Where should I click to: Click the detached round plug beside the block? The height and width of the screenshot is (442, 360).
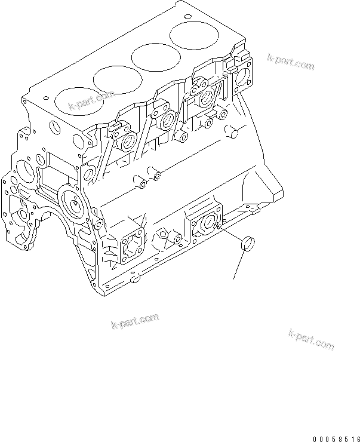point(245,244)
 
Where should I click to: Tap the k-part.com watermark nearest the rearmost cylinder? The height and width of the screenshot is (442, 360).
point(291,61)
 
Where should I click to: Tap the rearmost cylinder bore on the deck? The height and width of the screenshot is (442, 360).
point(192,36)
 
